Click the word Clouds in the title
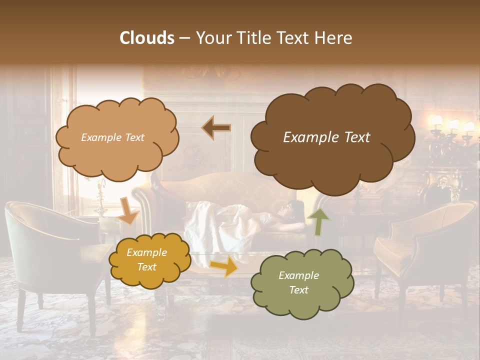146,38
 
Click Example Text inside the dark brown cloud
326,137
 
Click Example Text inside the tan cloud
112,137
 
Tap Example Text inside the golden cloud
146,260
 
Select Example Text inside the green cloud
298,282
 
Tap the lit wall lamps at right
452,125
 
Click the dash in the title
184,38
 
